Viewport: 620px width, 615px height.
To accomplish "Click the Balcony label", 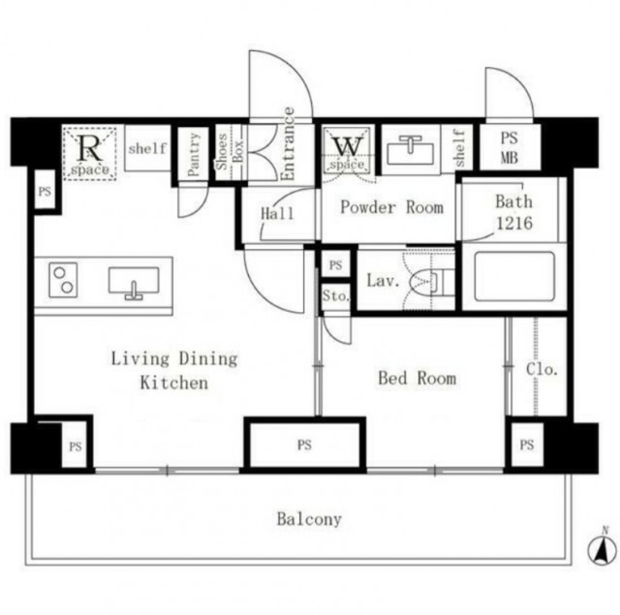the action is click(x=309, y=519).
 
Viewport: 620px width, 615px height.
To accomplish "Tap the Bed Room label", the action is click(x=418, y=379).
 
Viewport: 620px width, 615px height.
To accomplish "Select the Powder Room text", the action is click(x=391, y=207).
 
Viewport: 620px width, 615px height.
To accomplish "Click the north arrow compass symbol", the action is click(x=602, y=548).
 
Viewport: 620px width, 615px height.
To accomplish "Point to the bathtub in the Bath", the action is click(x=514, y=277).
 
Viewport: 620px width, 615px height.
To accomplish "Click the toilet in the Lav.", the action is click(x=431, y=281).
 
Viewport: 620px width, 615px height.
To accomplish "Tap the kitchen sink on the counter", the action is click(x=134, y=282).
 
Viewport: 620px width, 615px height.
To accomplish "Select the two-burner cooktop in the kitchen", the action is click(x=63, y=280).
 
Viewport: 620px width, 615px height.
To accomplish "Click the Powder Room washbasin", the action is click(x=411, y=150).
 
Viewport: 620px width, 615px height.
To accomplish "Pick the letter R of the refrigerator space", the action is click(x=90, y=148).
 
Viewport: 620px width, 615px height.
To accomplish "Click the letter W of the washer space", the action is click(x=348, y=146).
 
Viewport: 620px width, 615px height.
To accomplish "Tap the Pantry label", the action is click(x=194, y=155).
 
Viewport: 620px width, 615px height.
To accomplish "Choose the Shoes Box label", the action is click(x=230, y=152).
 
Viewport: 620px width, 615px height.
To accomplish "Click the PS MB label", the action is click(x=509, y=148).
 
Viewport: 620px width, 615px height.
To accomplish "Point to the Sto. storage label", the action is click(x=336, y=295).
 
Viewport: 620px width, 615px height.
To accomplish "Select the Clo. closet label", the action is click(x=542, y=369).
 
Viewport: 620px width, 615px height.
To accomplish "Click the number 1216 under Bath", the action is click(x=514, y=224).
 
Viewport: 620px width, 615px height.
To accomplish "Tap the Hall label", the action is click(x=277, y=213).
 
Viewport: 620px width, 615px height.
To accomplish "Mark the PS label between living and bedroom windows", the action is click(x=304, y=446).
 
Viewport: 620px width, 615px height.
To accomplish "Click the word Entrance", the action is click(x=289, y=144).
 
